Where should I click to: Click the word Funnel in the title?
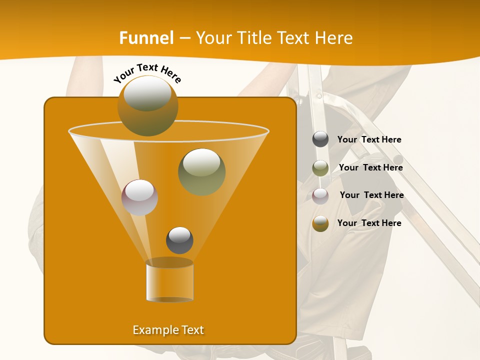click(146, 38)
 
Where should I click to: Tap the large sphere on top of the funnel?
click(148, 105)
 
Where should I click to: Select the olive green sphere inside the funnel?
click(202, 171)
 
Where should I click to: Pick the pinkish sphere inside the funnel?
click(140, 197)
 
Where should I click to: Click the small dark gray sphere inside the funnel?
click(179, 240)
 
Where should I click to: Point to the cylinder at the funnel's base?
click(169, 281)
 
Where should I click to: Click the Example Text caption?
click(168, 330)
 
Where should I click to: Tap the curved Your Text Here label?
click(147, 73)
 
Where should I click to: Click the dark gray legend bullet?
click(320, 139)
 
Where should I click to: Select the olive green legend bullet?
click(320, 168)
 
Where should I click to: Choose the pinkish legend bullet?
click(320, 196)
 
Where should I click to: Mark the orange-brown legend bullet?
click(320, 223)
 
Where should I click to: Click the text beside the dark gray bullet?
click(369, 140)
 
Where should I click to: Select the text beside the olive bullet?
click(370, 168)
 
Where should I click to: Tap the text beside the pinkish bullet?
click(371, 195)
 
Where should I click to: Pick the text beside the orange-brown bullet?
click(369, 223)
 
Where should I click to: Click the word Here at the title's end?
click(334, 38)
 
